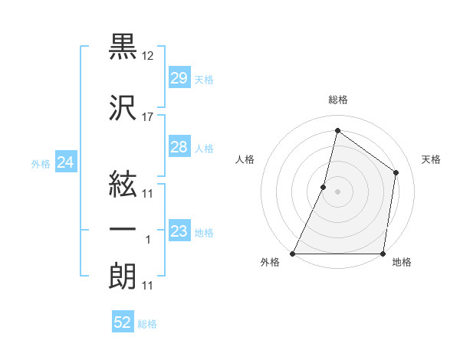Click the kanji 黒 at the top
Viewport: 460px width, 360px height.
pyautogui.click(x=123, y=47)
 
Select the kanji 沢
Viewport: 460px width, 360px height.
pyautogui.click(x=123, y=108)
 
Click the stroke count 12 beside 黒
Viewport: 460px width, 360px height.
pyautogui.click(x=148, y=56)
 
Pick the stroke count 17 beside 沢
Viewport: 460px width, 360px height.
pyautogui.click(x=148, y=117)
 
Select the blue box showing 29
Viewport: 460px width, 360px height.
pyautogui.click(x=179, y=78)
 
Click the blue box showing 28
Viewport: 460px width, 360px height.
pyautogui.click(x=179, y=147)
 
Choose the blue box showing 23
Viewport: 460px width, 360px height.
pyautogui.click(x=179, y=231)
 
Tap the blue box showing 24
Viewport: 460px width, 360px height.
pyautogui.click(x=65, y=162)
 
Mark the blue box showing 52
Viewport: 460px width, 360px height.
pyautogui.click(x=123, y=322)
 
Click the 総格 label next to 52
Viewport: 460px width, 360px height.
pyautogui.click(x=147, y=324)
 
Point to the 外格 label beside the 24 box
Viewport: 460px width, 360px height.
pyautogui.click(x=41, y=163)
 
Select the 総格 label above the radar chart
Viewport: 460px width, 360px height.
pyautogui.click(x=338, y=100)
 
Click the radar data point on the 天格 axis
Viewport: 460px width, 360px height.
pyautogui.click(x=396, y=172)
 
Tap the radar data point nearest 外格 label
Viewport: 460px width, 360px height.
pyautogui.click(x=293, y=254)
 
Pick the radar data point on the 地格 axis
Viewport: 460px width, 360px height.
pyautogui.click(x=383, y=254)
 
